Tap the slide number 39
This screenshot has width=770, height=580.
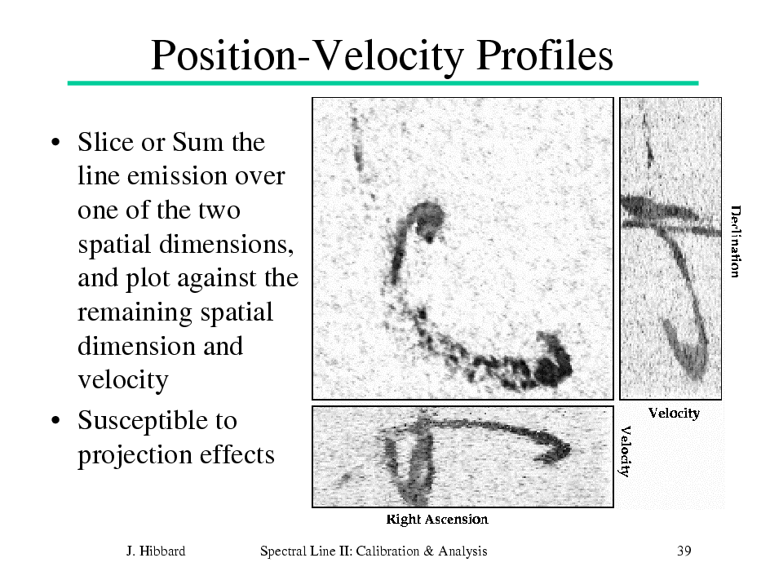(684, 551)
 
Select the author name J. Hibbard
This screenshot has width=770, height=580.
(156, 551)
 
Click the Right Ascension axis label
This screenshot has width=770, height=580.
(437, 520)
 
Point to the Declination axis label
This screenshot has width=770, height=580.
(735, 241)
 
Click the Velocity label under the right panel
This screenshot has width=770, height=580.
(674, 414)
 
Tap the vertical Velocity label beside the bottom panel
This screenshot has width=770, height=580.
(625, 451)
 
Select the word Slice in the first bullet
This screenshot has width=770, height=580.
(105, 142)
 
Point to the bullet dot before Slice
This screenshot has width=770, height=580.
(56, 143)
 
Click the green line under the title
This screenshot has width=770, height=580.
(383, 83)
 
